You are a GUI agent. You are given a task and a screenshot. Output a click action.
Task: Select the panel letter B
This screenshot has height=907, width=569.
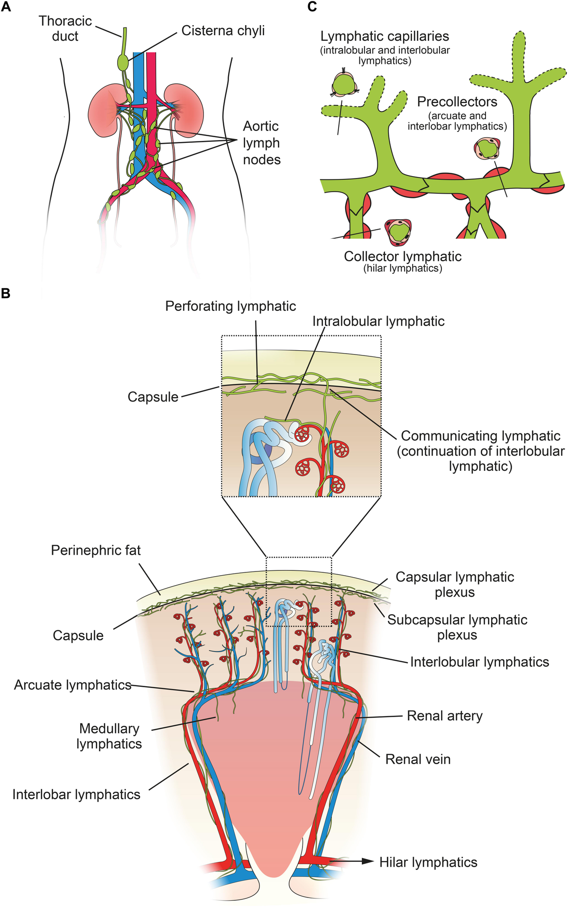point(6,293)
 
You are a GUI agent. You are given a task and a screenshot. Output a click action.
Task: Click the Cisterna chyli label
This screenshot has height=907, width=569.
point(223,31)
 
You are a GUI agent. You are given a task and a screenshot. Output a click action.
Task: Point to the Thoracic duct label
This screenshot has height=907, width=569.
point(65,28)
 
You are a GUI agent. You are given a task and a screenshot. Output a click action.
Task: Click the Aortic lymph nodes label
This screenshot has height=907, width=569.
point(261,142)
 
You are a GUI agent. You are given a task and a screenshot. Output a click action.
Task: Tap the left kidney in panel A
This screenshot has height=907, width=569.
point(107,110)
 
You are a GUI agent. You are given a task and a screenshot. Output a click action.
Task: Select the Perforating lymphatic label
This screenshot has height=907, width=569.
point(230,307)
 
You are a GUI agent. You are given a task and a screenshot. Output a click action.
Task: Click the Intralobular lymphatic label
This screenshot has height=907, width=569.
point(378,321)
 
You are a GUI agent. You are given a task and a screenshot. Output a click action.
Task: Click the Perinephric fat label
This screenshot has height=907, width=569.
point(96,551)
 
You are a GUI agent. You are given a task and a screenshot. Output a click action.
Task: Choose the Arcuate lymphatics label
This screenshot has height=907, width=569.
point(73,685)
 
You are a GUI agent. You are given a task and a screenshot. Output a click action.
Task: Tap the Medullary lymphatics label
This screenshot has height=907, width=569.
point(109,736)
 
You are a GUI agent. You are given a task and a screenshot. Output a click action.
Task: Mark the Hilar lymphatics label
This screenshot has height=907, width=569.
point(428,862)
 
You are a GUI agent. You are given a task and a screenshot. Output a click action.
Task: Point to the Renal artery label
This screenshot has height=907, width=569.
point(445,716)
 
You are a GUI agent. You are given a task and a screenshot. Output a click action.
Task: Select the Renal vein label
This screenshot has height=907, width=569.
point(418,759)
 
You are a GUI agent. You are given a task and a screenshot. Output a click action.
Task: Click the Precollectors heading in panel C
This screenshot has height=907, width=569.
point(457,102)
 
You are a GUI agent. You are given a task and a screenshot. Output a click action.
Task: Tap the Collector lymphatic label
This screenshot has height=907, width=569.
point(403,257)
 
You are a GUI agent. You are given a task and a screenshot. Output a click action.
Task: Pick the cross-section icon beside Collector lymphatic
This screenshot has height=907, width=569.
point(398,231)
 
